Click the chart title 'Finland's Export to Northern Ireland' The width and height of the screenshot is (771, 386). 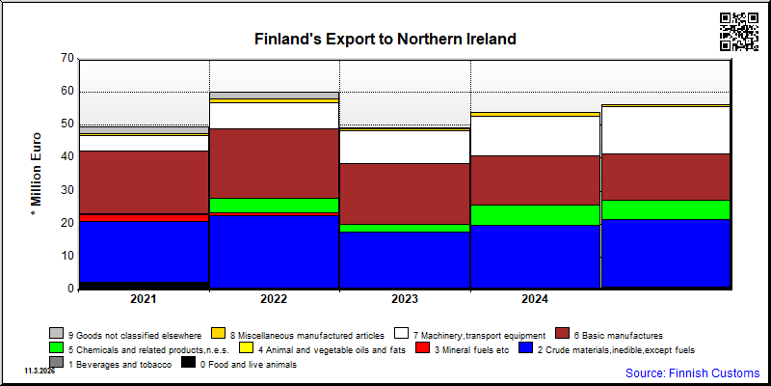pos(385,39)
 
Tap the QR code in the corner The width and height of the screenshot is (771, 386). pos(738,32)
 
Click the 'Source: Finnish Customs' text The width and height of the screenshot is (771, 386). pos(692,372)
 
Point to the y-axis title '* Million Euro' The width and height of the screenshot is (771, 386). pos(37,175)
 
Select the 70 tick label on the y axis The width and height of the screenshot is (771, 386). pos(67,59)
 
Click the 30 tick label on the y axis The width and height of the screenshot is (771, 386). pos(67,190)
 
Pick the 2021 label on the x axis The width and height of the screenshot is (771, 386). pos(143,299)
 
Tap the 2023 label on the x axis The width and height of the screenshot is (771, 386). pos(405,299)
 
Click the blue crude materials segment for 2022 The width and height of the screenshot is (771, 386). pos(274,252)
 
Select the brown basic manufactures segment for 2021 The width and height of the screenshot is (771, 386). pos(144,182)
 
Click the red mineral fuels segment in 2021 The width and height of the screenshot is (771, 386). pos(144,218)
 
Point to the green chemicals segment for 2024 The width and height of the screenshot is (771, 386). pos(536,215)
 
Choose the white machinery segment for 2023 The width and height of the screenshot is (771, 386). pos(405,148)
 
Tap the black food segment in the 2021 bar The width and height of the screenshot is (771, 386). pos(144,285)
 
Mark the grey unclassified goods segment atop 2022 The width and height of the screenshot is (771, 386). pos(274,96)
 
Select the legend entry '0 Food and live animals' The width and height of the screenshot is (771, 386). pos(239,364)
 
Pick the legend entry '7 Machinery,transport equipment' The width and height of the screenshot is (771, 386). pos(470,334)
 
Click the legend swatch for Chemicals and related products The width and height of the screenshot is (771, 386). pos(57,348)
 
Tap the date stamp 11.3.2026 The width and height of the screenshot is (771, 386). pos(40,371)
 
